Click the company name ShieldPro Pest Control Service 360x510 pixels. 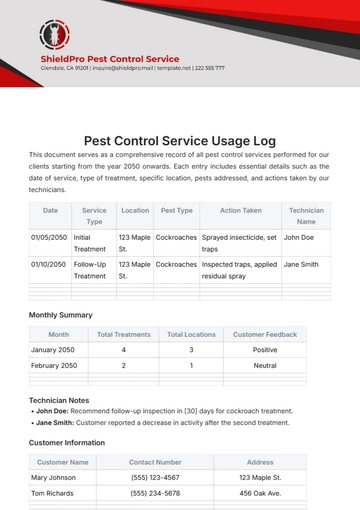click(x=109, y=59)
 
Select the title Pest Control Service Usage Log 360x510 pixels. click(x=179, y=141)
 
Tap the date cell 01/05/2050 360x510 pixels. click(x=50, y=237)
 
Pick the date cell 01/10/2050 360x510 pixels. click(x=50, y=264)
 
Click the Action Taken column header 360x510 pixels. click(x=240, y=211)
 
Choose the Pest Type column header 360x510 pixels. click(x=176, y=211)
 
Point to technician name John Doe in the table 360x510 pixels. click(x=299, y=237)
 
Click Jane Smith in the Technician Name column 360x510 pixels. click(x=302, y=264)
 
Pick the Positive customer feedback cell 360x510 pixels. click(x=264, y=350)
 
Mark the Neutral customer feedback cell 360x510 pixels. click(x=264, y=366)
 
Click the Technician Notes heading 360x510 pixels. click(x=62, y=399)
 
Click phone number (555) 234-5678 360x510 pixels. click(x=155, y=494)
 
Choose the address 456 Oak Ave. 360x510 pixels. click(x=260, y=494)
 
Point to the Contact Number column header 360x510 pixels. click(x=155, y=462)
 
